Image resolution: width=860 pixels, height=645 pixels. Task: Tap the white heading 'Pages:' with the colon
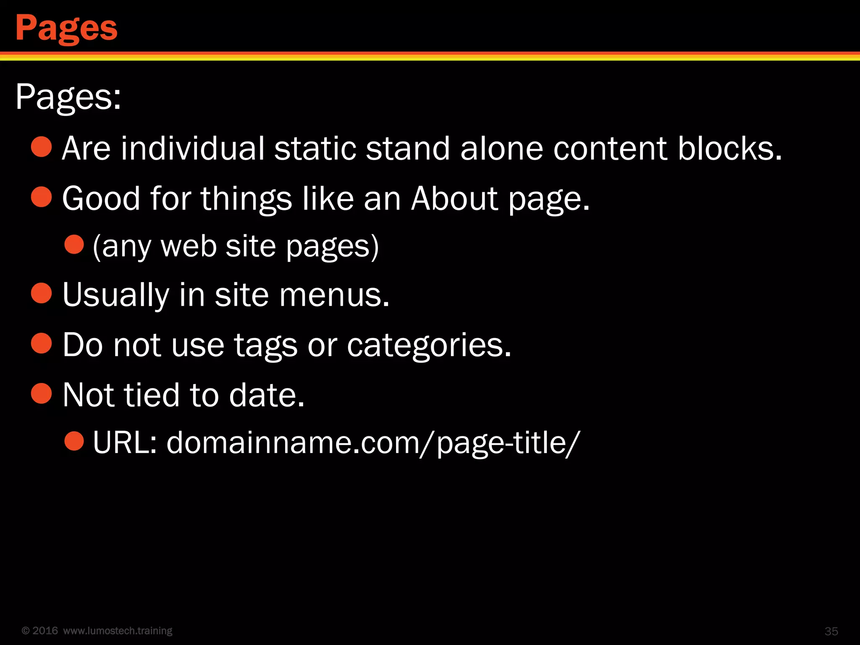point(68,97)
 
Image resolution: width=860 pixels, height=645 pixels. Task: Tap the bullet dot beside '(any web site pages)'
point(75,244)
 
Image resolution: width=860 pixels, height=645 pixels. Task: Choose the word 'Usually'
point(115,295)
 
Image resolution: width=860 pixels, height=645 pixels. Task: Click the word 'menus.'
point(334,295)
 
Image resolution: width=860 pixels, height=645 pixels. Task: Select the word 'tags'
point(265,345)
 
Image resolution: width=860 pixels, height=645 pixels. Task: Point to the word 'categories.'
point(429,345)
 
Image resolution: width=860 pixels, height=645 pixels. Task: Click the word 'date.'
point(267,395)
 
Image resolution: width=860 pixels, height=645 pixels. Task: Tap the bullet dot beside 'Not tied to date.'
point(42,393)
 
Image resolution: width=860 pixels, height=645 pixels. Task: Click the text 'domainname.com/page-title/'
point(373,443)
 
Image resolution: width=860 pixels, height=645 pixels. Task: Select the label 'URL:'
point(125,443)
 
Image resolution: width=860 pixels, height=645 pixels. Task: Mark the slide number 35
point(831,631)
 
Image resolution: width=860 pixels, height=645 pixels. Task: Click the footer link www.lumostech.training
point(118,631)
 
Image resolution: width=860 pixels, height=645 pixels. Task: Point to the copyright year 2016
point(45,631)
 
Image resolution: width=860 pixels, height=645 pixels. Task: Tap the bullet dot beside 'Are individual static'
point(42,147)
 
